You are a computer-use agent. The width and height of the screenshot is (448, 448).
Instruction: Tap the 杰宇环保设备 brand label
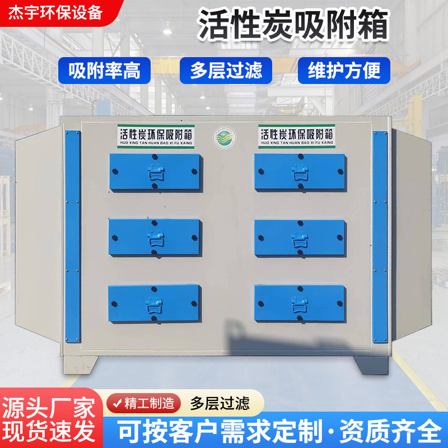56,13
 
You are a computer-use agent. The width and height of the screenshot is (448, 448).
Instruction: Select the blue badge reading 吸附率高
104,71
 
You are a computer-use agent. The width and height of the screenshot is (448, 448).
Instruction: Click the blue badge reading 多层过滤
226,71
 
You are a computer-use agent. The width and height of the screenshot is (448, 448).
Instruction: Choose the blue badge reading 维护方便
344,71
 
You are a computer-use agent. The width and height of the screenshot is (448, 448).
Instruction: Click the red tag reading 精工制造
144,403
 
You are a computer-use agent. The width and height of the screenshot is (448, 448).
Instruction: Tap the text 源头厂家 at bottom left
48,408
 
